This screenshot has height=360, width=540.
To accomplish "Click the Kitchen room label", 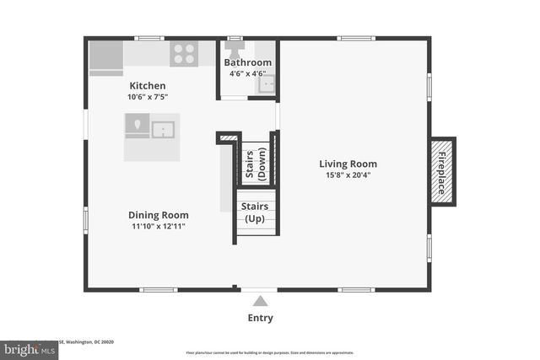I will coord(147,86).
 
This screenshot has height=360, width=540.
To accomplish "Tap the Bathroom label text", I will coord(247,62).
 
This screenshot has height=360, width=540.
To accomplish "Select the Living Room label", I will coord(348,164).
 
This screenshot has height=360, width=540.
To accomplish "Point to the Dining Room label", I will coord(158,215).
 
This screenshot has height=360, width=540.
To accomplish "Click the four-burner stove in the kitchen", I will coord(183,54).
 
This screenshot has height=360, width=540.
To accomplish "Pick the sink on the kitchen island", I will coord(162,129).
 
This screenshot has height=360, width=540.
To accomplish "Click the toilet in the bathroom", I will coord(235,46).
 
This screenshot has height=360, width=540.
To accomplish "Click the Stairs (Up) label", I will coord(255,212).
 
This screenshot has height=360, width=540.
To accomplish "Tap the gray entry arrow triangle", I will coord(260,300).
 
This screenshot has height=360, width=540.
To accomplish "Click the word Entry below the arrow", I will coord(260,318).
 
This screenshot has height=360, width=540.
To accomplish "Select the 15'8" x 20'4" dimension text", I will coord(348,175).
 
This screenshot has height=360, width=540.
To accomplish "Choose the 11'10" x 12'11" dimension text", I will coord(158,226).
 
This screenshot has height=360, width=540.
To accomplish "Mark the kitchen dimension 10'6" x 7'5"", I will coord(147,97).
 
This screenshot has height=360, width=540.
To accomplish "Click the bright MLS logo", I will coord(30,347).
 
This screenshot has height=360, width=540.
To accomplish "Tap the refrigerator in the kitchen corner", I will coord(105,57).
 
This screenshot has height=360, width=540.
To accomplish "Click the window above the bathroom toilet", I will coord(235,38).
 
